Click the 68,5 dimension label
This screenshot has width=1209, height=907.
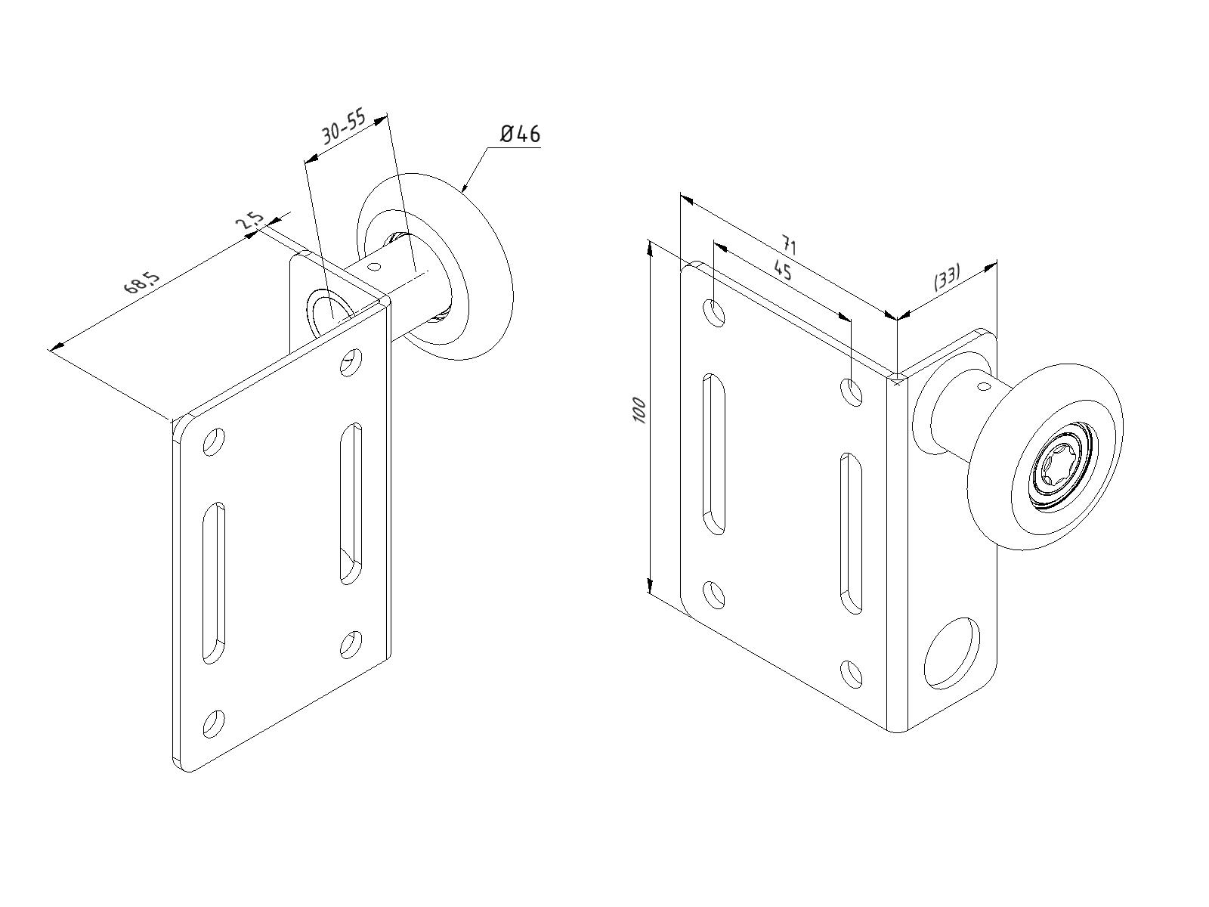(143, 283)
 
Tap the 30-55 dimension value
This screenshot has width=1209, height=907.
(345, 128)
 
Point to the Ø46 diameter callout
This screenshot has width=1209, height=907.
(520, 134)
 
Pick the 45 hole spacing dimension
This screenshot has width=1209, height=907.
(782, 270)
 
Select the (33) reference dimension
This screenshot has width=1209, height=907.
(947, 278)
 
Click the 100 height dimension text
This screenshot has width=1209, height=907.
(639, 410)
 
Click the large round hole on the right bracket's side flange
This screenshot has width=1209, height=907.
(952, 653)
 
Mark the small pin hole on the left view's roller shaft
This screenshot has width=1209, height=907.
(374, 267)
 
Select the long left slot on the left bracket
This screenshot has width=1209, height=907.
(214, 583)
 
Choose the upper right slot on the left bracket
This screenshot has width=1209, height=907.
(351, 503)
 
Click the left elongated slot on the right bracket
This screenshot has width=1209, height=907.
(713, 454)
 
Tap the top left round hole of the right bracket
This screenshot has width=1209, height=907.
(714, 314)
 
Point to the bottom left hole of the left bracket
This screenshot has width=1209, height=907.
(214, 724)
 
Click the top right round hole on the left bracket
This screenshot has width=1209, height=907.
(351, 362)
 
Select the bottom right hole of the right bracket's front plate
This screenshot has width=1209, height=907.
(852, 674)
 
